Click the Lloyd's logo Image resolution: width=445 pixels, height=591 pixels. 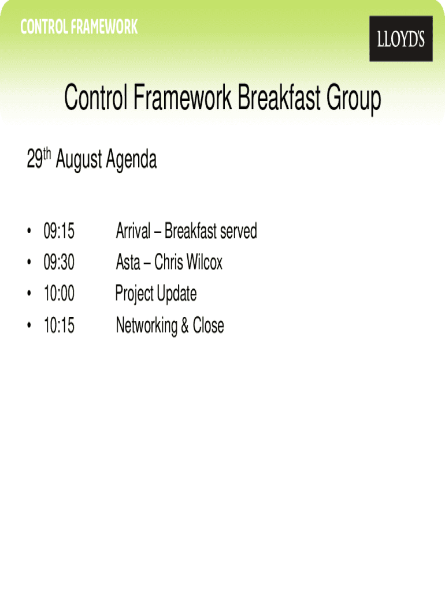point(401,39)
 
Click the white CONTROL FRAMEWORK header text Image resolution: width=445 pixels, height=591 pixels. point(79,27)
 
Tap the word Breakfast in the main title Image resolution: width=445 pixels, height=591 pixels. point(279,97)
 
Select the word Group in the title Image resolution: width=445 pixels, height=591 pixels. point(354,99)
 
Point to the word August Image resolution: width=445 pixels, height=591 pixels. point(79,160)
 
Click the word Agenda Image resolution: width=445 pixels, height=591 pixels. point(131,160)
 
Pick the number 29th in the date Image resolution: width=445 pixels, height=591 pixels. point(39,158)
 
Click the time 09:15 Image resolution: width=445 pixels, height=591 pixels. point(59,231)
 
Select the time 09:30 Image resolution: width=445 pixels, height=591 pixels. point(59,262)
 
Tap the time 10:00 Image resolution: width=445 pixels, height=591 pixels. point(59,293)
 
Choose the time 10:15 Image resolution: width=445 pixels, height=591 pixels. point(59,326)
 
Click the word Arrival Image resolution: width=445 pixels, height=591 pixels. point(133,231)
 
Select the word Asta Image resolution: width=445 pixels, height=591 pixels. point(128,262)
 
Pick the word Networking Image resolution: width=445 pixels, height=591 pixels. point(146,326)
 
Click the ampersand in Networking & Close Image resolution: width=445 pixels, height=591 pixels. point(185,326)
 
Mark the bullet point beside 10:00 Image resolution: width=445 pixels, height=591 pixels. point(29,293)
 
